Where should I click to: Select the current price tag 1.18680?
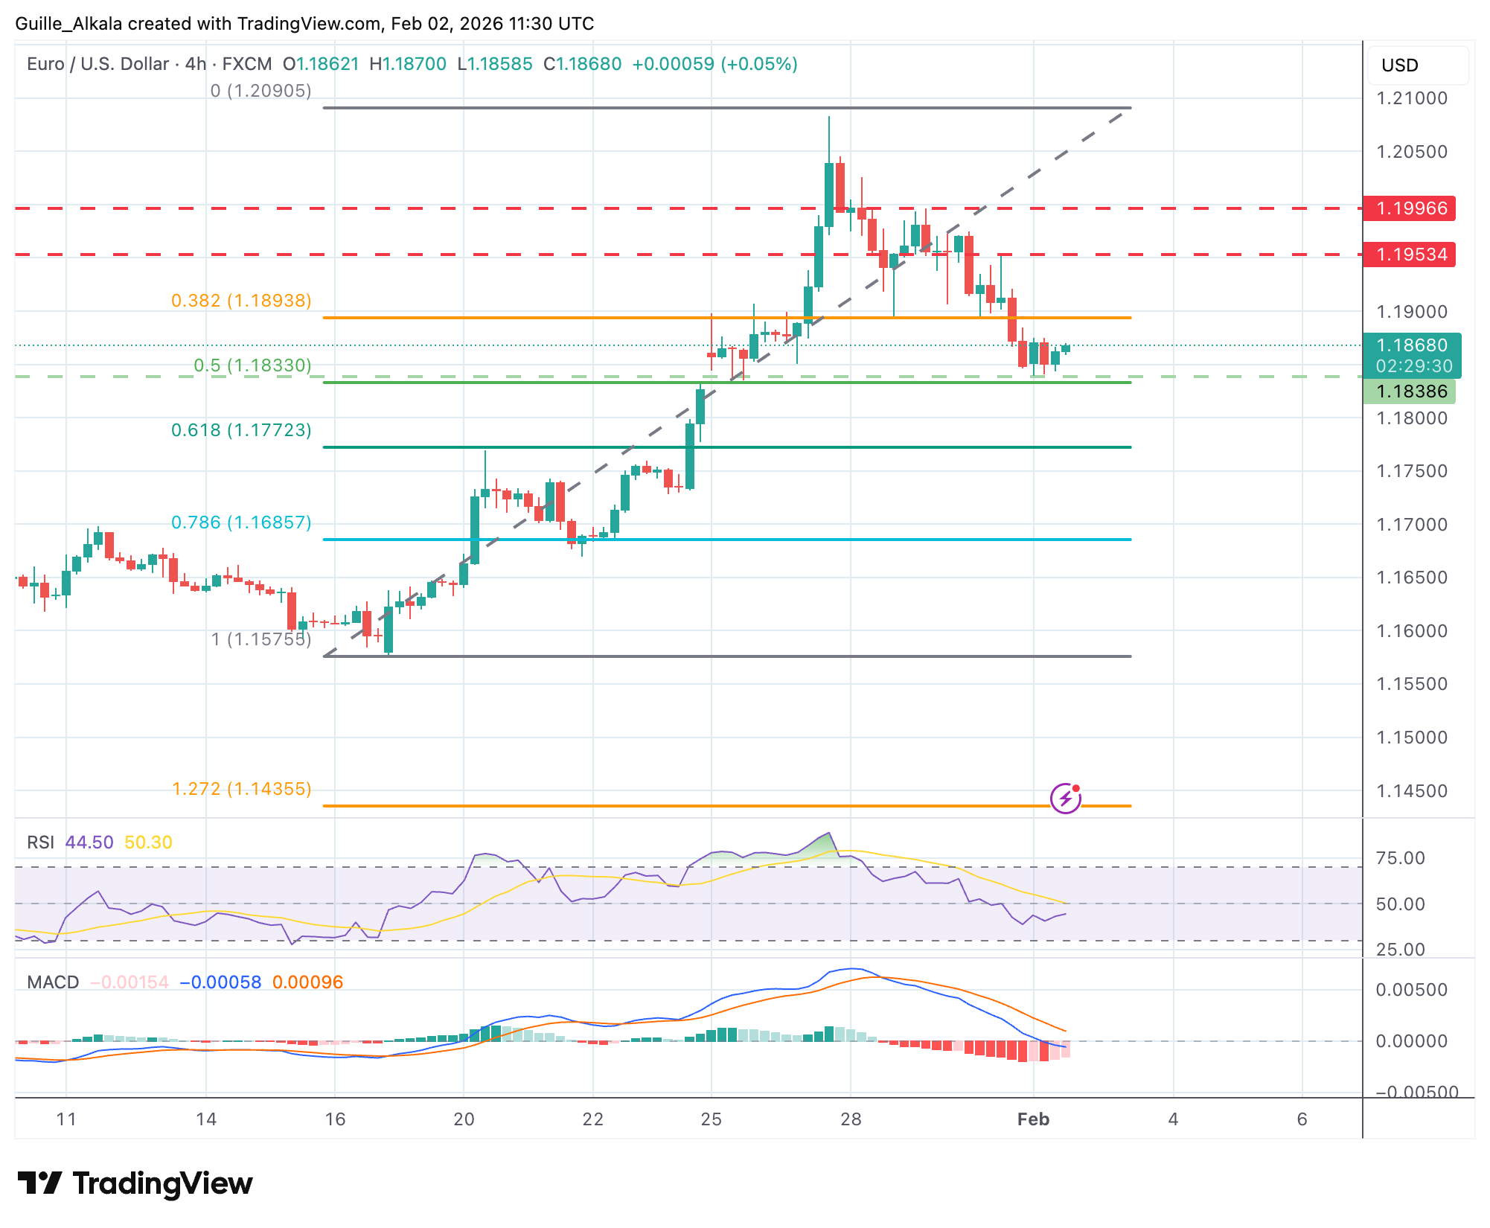point(1412,345)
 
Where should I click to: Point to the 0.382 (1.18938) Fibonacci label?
point(241,301)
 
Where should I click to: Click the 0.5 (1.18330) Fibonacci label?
point(252,365)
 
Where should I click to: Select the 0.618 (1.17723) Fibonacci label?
point(241,430)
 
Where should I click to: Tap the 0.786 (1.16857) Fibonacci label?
point(241,522)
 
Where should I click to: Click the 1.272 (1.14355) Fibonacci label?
point(241,789)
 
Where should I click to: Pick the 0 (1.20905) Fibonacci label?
point(260,91)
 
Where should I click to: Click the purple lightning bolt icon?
point(1065,799)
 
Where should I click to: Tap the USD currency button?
point(1400,65)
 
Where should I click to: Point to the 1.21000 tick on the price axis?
point(1412,98)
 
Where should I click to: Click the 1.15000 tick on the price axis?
point(1412,738)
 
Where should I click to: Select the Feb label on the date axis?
point(1033,1119)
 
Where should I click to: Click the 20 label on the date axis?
point(464,1119)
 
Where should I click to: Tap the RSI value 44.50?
point(89,842)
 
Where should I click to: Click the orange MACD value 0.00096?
point(307,982)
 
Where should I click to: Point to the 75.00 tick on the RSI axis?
point(1400,858)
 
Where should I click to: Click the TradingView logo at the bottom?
point(135,1183)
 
